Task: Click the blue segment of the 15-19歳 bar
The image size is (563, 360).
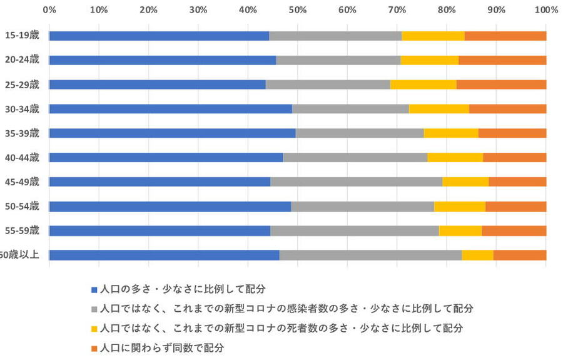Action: click(x=159, y=36)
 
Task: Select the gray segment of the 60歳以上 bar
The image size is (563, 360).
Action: click(x=370, y=255)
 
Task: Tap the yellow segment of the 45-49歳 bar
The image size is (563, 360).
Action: click(x=465, y=182)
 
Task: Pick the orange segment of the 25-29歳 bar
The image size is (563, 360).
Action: click(x=501, y=85)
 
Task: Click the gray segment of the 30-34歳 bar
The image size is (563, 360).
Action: click(x=350, y=109)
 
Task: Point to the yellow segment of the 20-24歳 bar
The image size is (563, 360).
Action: click(x=429, y=60)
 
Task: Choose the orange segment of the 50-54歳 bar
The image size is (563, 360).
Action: click(x=515, y=206)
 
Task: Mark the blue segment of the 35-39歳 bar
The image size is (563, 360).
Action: click(x=172, y=133)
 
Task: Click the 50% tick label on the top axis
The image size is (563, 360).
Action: click(x=297, y=10)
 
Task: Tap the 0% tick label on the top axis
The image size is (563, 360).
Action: click(x=49, y=10)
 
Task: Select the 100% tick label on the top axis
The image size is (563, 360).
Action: click(x=545, y=10)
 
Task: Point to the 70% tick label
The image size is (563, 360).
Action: click(x=397, y=10)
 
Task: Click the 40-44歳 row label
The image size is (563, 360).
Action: click(x=22, y=157)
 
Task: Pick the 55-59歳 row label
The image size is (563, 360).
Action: click(x=22, y=230)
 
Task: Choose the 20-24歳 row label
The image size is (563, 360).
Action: click(x=22, y=59)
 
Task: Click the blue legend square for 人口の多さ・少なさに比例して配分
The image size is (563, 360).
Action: click(x=94, y=290)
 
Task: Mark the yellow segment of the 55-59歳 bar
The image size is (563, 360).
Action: click(x=460, y=230)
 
